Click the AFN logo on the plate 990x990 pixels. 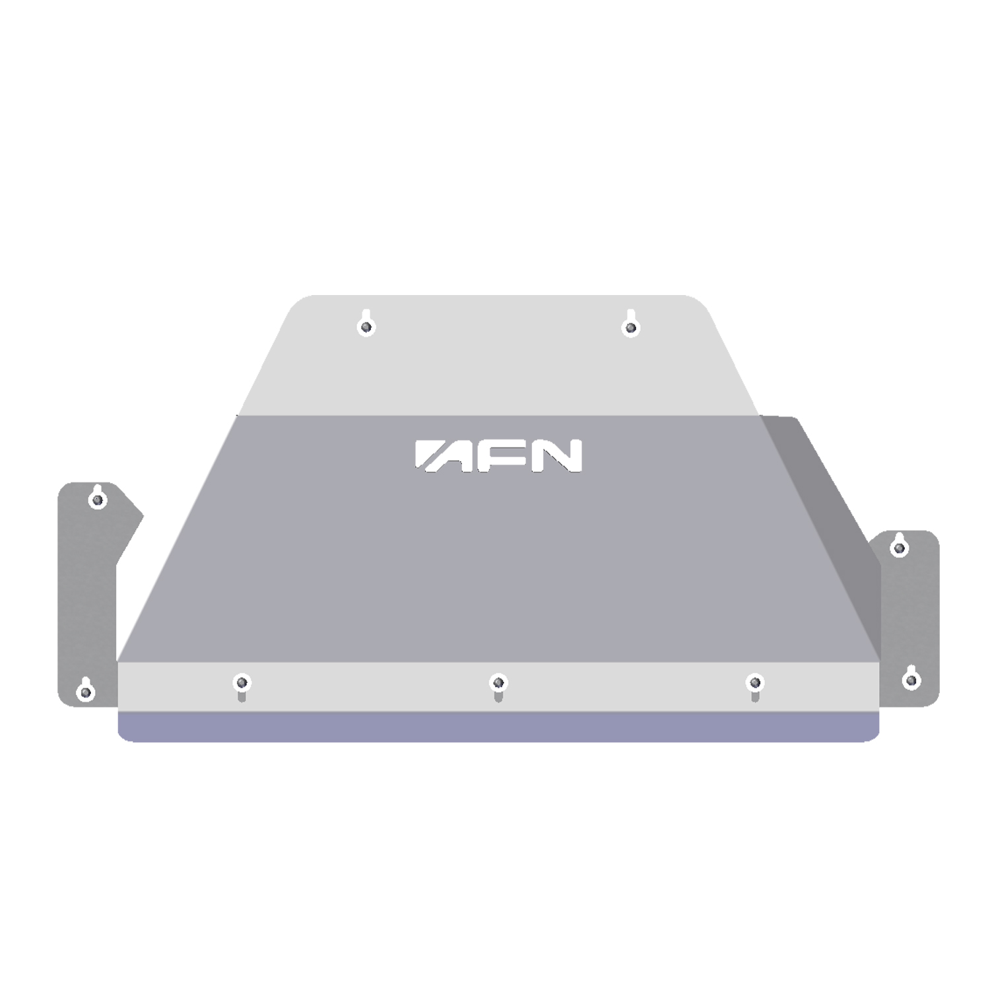pyautogui.click(x=498, y=456)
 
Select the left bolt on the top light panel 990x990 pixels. pyautogui.click(x=367, y=326)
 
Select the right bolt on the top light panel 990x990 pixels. pyautogui.click(x=632, y=326)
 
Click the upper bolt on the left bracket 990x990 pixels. pyautogui.click(x=98, y=500)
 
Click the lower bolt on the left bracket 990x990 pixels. pyautogui.click(x=85, y=692)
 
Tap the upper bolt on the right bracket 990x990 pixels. pyautogui.click(x=899, y=548)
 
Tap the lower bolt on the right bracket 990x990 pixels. pyautogui.click(x=911, y=679)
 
